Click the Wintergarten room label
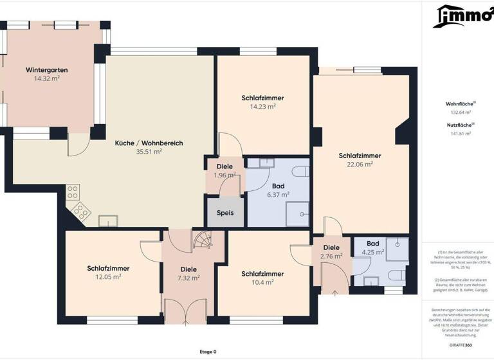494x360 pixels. (x=47, y=69)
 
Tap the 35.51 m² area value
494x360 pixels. (x=149, y=152)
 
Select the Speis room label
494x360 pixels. (x=225, y=213)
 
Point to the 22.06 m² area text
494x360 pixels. (x=360, y=164)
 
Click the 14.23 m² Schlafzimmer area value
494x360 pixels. (x=262, y=107)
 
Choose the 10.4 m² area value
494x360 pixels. (x=262, y=282)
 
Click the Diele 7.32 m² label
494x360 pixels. (x=188, y=274)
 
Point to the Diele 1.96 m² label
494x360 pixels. (x=224, y=171)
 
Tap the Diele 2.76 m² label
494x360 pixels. (x=331, y=252)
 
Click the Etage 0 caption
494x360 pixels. (x=208, y=352)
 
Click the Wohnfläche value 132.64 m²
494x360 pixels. (x=460, y=112)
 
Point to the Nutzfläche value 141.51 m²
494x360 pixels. (x=460, y=133)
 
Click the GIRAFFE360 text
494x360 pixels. (x=460, y=345)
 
